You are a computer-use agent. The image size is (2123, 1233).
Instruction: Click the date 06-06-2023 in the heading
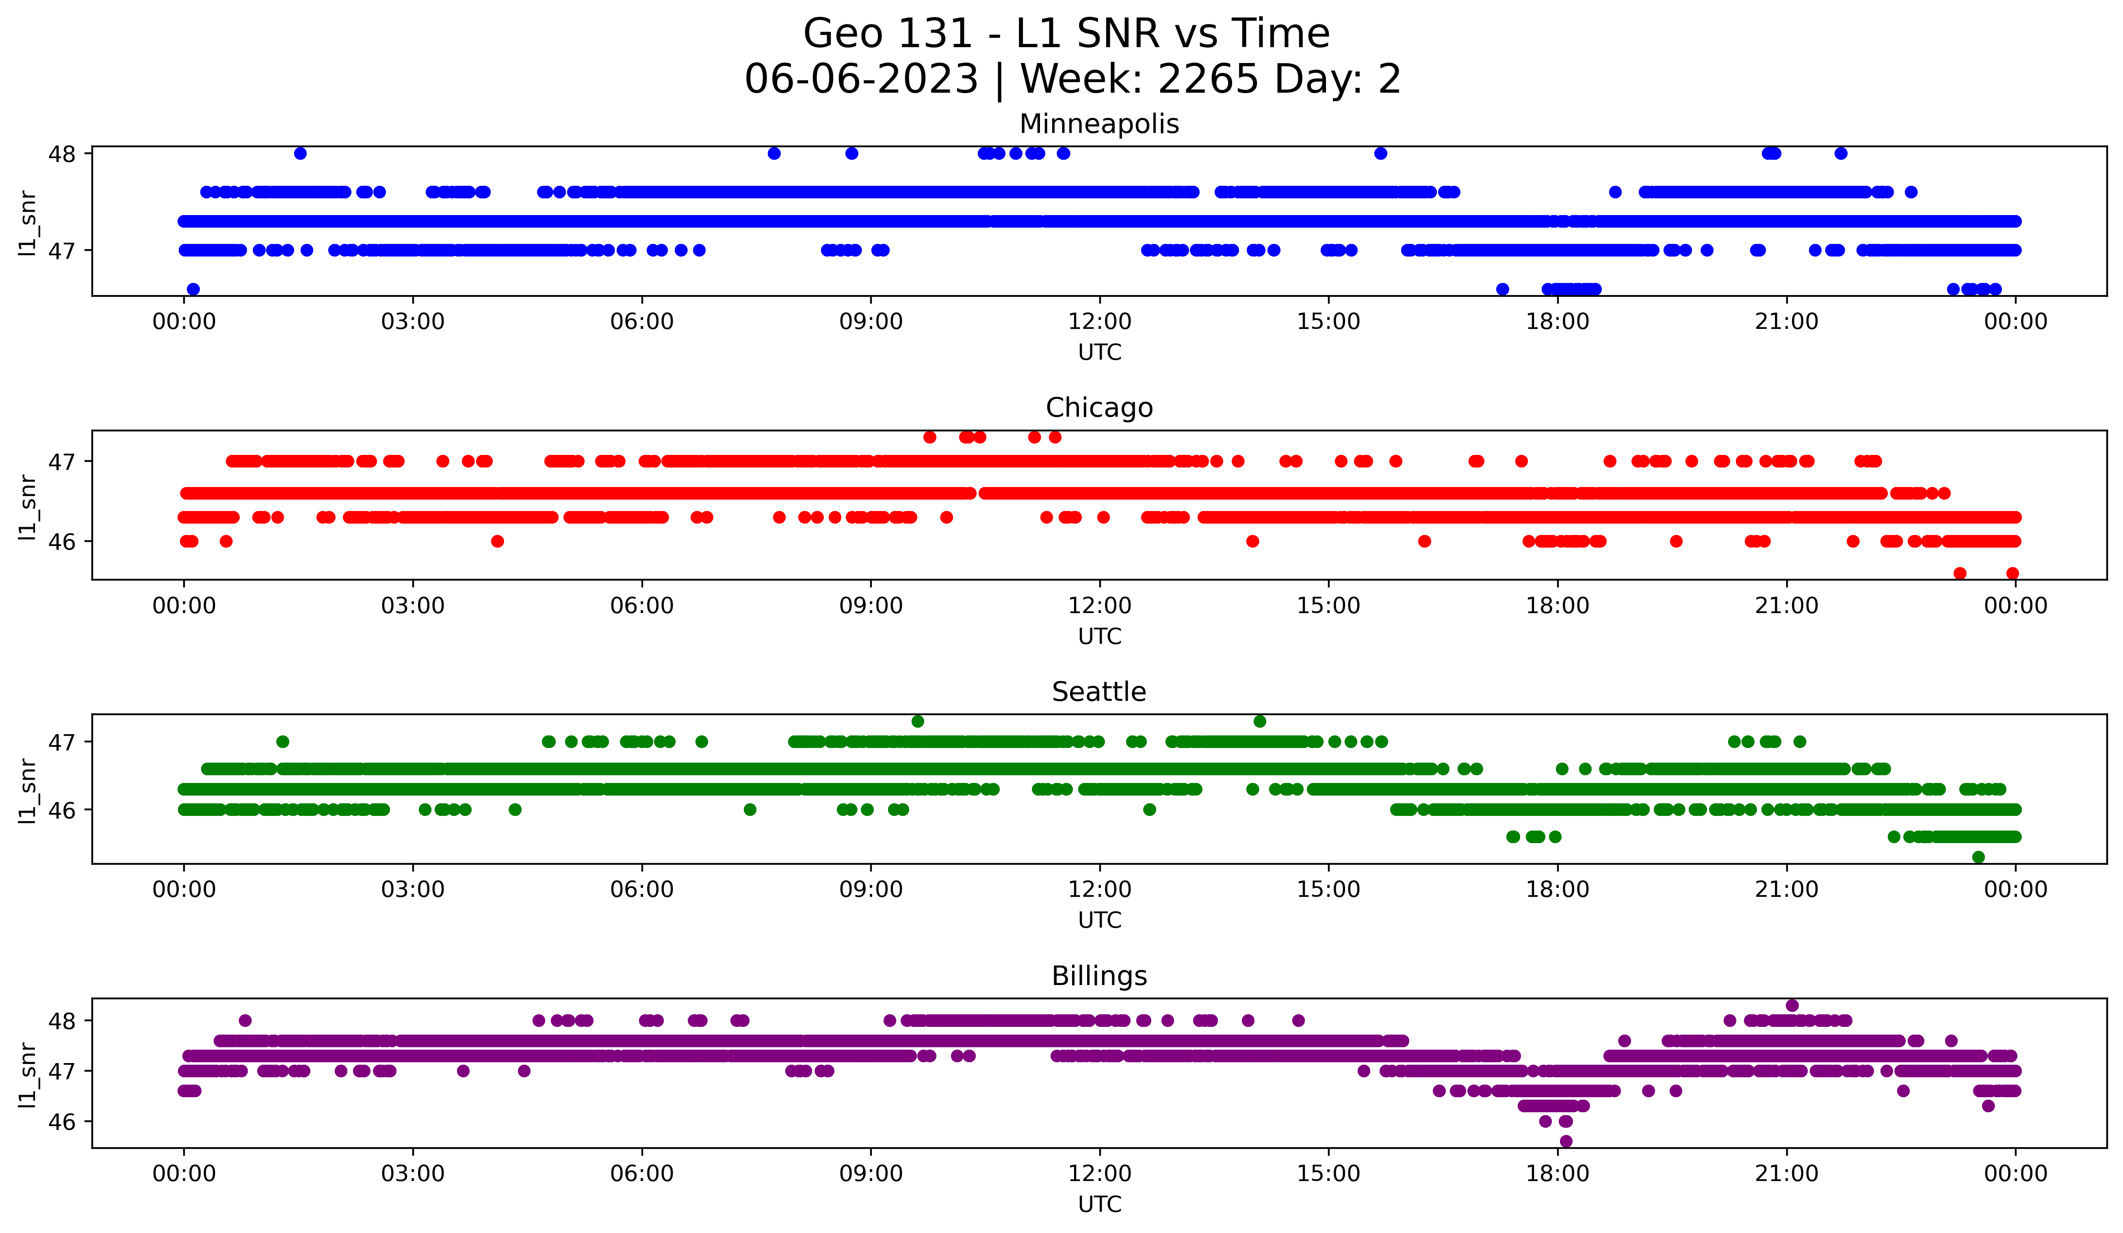861,79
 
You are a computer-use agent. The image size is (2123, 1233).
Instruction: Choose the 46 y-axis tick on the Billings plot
61,1122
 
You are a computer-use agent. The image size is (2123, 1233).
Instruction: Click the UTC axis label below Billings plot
1099,1205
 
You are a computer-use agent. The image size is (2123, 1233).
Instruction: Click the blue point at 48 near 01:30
300,153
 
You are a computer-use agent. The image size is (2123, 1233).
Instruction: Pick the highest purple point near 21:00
1792,1005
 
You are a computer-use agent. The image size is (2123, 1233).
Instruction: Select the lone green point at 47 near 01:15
283,742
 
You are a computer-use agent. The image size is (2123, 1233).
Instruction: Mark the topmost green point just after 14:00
1259,722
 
